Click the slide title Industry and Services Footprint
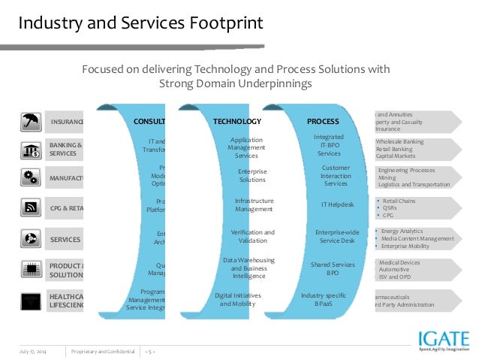(140, 23)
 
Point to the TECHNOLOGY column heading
(237, 121)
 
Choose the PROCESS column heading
(323, 121)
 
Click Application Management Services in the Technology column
(246, 147)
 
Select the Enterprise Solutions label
(252, 175)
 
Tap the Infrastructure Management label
(254, 204)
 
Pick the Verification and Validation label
(253, 237)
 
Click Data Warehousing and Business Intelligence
(249, 268)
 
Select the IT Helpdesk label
(336, 204)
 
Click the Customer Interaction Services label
(336, 175)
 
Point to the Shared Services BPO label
(333, 268)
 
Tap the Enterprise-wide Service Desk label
(337, 237)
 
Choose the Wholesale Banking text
(399, 141)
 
